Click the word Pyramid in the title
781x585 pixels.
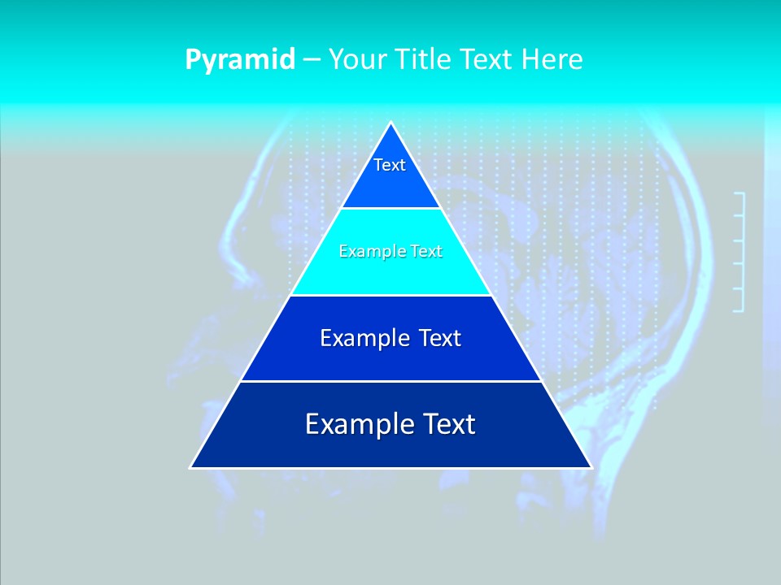coord(240,60)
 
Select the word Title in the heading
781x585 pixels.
coord(426,59)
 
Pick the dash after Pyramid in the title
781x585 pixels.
coord(312,60)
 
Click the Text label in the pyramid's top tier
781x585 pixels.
coord(390,165)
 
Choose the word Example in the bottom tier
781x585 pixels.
coord(354,424)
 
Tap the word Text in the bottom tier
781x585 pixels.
coord(448,424)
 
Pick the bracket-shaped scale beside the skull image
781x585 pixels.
coord(740,252)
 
